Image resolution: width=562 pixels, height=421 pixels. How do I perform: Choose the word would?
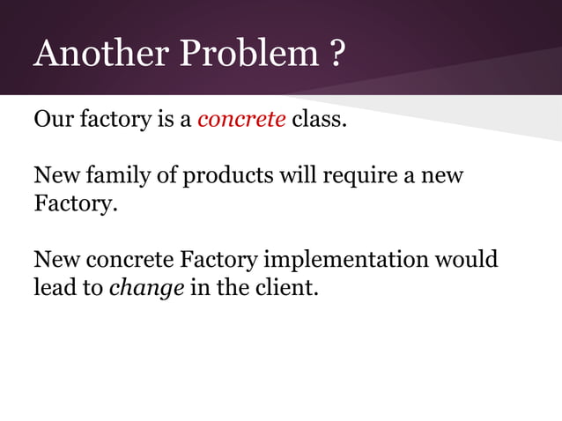coord(467,261)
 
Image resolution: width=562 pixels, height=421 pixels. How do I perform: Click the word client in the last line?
coord(283,288)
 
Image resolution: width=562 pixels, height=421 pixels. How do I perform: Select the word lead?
coord(54,288)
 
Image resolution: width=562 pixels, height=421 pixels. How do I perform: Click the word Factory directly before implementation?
coord(218,261)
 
